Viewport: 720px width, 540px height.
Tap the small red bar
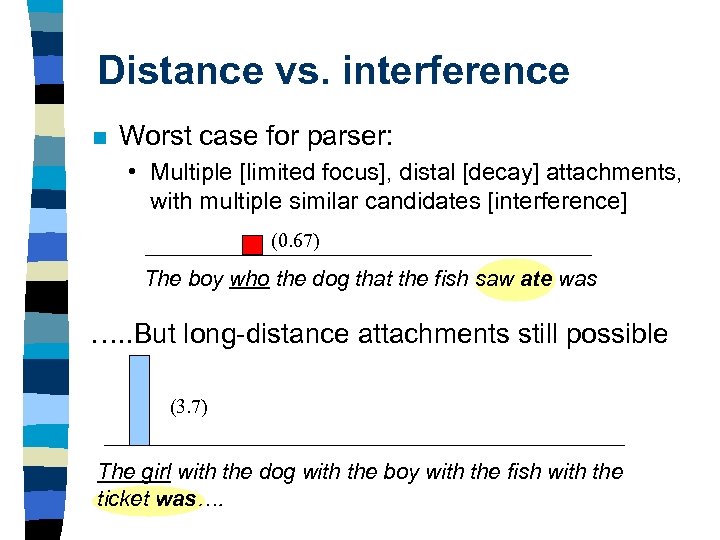tap(252, 245)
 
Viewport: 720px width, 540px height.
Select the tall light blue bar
tap(139, 400)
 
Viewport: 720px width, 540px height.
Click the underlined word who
tap(249, 279)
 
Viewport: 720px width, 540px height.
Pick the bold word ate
tap(536, 279)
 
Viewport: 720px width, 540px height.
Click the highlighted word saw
tap(495, 279)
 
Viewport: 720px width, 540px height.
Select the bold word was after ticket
tap(176, 500)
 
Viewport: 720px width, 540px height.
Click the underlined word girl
tap(156, 472)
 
